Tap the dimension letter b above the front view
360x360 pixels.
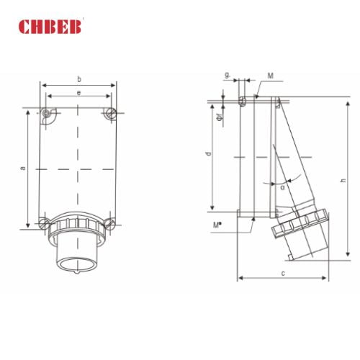(x=78, y=78)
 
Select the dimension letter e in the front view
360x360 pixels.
(x=78, y=94)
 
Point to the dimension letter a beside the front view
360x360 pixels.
(x=23, y=168)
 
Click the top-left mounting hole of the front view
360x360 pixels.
(x=48, y=114)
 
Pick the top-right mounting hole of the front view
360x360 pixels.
(x=109, y=114)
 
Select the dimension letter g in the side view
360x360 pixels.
(x=228, y=75)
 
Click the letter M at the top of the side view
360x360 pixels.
(x=269, y=76)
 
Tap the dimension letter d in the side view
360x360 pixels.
(x=207, y=154)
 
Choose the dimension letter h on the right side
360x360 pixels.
(x=343, y=181)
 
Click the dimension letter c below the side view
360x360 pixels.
(x=283, y=272)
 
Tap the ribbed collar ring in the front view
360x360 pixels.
(x=78, y=225)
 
